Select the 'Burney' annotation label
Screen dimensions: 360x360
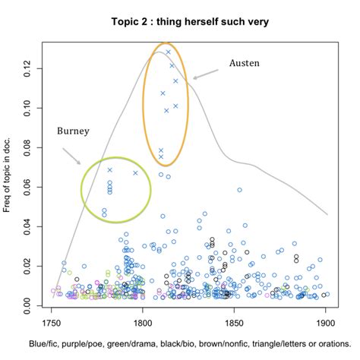[73, 131]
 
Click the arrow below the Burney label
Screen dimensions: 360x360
[71, 156]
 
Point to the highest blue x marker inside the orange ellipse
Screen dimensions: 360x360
[169, 52]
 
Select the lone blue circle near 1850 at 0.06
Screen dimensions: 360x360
[239, 190]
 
